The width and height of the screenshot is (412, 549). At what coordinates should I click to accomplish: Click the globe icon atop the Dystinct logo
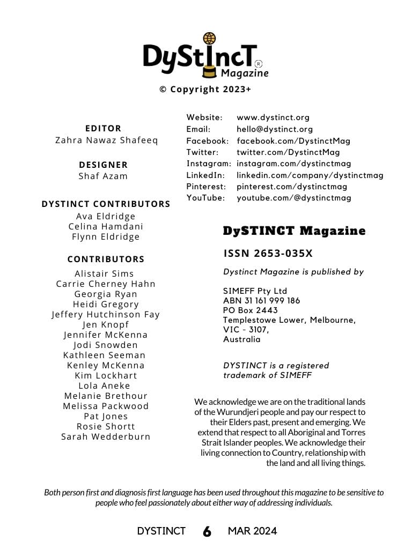click(x=209, y=39)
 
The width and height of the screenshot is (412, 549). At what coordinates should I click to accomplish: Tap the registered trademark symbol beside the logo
click(x=259, y=63)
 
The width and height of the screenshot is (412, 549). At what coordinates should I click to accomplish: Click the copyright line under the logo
click(x=205, y=90)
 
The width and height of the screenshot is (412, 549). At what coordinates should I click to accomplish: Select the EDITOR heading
click(x=104, y=128)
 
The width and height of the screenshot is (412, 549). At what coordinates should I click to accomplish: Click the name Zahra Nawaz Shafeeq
click(x=107, y=140)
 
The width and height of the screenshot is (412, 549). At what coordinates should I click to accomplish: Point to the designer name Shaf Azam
click(x=104, y=176)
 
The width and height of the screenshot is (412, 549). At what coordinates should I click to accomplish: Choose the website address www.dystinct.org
click(x=273, y=117)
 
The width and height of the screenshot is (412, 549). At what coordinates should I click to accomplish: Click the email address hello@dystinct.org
click(x=275, y=129)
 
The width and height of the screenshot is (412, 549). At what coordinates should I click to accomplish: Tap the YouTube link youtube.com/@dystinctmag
click(x=294, y=198)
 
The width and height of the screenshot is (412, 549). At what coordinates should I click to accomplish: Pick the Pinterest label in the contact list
click(x=207, y=187)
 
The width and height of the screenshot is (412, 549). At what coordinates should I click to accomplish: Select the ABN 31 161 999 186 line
click(x=262, y=301)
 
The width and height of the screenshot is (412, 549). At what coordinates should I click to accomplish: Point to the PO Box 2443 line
click(x=251, y=310)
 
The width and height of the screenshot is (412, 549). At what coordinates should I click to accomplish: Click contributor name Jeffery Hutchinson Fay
click(x=106, y=314)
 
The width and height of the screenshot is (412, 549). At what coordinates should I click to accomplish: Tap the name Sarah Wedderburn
click(x=106, y=436)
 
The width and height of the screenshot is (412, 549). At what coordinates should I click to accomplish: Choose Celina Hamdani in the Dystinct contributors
click(x=106, y=226)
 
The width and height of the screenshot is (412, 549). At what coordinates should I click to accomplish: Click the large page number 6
click(x=207, y=531)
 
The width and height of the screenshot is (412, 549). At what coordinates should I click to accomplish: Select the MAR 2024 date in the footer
click(x=252, y=531)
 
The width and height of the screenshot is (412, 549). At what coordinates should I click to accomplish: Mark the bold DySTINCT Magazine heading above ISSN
click(x=294, y=231)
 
